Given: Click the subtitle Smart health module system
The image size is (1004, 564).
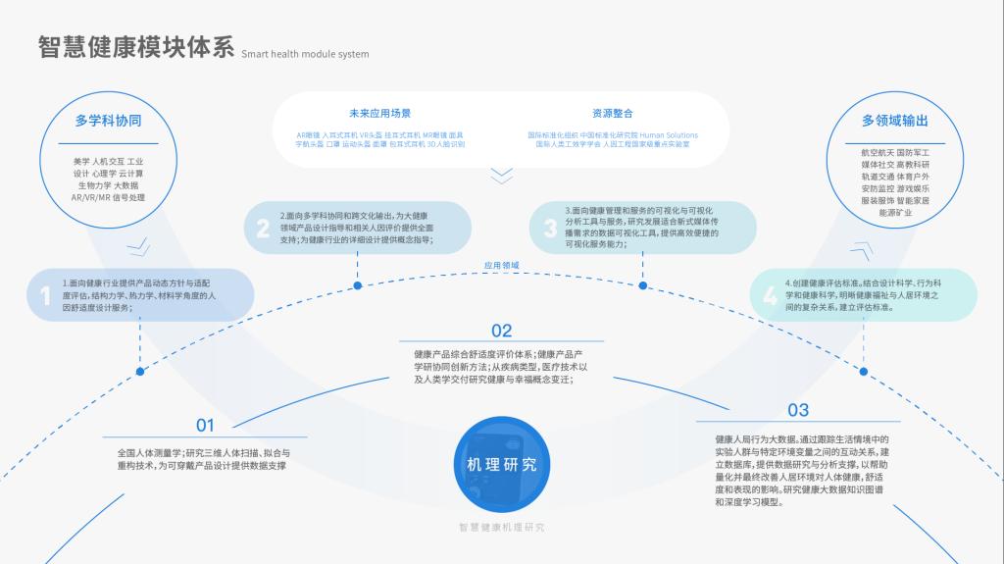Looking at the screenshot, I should [x=305, y=54].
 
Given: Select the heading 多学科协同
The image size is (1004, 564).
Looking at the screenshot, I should [x=108, y=121].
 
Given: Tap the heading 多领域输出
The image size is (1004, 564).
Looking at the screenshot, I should [x=894, y=121].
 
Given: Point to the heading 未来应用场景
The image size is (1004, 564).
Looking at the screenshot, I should [x=379, y=113].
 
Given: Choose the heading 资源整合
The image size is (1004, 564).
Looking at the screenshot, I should [x=612, y=113].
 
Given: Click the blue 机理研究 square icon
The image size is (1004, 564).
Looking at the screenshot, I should [x=501, y=464].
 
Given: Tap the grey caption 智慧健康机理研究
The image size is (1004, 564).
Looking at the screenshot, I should [x=501, y=527].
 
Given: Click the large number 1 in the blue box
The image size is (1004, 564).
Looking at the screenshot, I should [x=44, y=295].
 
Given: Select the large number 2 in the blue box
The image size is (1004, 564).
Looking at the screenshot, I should [x=262, y=230].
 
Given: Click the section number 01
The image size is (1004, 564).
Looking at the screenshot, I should [x=205, y=426].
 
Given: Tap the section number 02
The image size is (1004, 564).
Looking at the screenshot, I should [x=501, y=331].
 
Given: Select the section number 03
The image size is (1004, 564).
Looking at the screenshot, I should [x=797, y=410].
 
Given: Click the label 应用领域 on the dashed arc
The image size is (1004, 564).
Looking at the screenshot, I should [x=501, y=265].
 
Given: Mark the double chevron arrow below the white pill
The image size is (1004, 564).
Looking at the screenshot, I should [x=501, y=176].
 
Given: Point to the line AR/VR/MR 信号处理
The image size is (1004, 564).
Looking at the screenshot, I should [x=108, y=197].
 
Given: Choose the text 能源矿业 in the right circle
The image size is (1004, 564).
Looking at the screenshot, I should [x=894, y=212].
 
